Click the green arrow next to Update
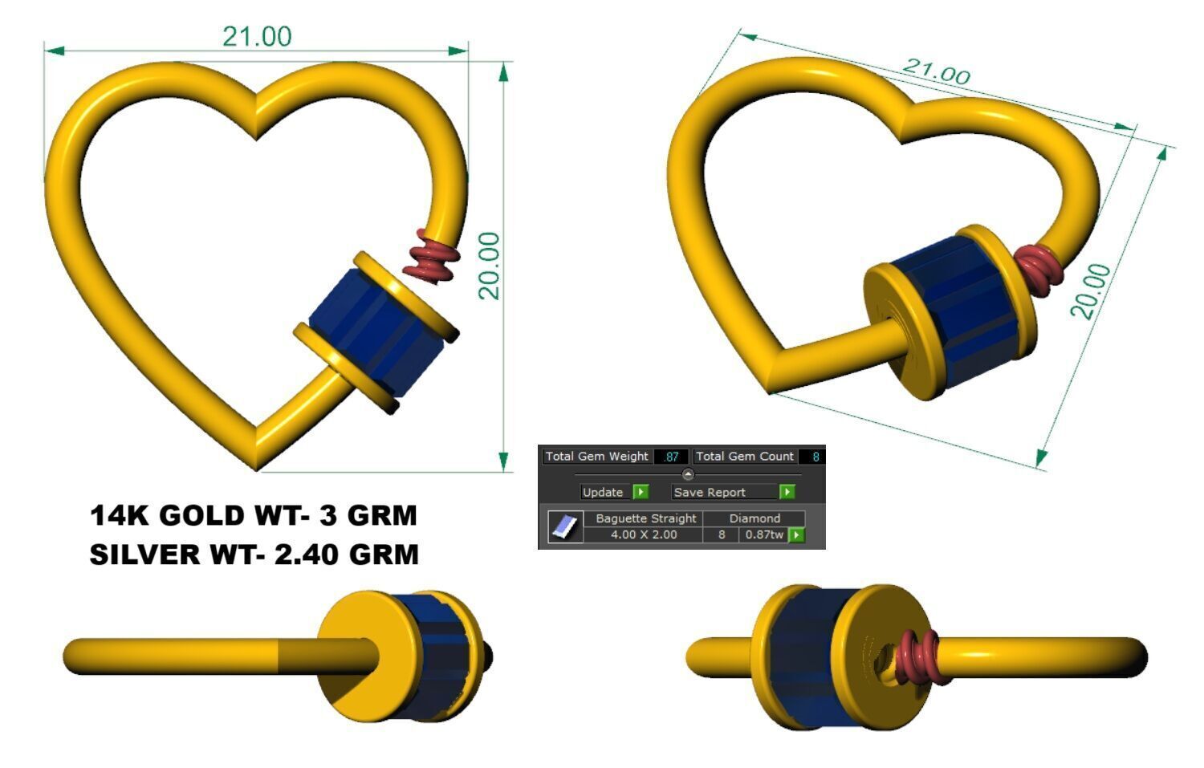(641, 492)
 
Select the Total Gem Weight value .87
(671, 457)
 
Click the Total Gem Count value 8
(815, 457)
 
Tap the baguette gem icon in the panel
(565, 527)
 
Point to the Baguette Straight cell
(645, 518)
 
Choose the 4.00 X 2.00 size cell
(643, 534)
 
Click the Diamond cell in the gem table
(754, 518)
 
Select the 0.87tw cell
(763, 534)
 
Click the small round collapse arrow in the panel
(688, 474)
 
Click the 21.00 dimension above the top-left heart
(257, 36)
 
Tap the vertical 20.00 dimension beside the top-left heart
(489, 266)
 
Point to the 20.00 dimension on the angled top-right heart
(1092, 291)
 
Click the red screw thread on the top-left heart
(433, 255)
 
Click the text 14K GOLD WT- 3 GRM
(254, 515)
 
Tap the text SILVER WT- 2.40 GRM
(254, 555)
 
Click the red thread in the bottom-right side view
(920, 656)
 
